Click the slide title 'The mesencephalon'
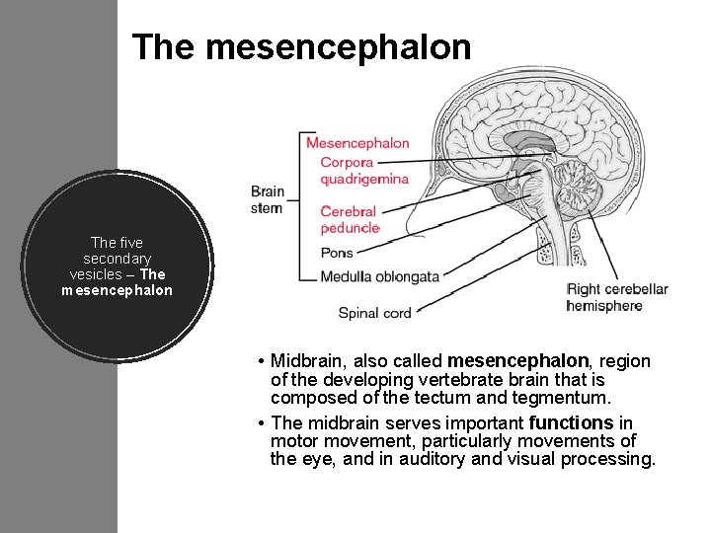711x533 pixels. [x=301, y=46]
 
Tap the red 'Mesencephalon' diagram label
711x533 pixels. [x=357, y=143]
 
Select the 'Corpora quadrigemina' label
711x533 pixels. [x=363, y=170]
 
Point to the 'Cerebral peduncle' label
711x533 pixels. [x=350, y=219]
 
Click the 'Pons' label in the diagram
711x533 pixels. [x=337, y=253]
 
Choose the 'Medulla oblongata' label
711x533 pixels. [x=380, y=277]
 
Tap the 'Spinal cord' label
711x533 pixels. [x=374, y=313]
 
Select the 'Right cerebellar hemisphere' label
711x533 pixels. [x=617, y=297]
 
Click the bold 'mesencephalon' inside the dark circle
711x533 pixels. [x=117, y=290]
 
